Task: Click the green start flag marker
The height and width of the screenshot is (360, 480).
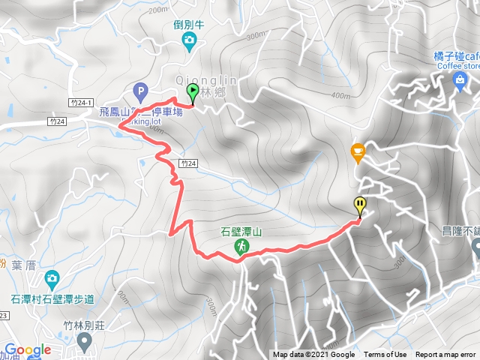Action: pyautogui.click(x=192, y=93)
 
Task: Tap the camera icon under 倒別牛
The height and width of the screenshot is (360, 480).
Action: pyautogui.click(x=190, y=40)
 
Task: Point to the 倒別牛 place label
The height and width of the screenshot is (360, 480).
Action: pyautogui.click(x=190, y=25)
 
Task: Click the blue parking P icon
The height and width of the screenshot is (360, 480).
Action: pyautogui.click(x=139, y=92)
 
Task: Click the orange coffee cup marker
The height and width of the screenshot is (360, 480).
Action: pyautogui.click(x=357, y=152)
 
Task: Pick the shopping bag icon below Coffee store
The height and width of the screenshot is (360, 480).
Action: pyautogui.click(x=460, y=80)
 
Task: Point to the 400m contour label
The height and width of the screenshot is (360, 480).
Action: pyautogui.click(x=339, y=96)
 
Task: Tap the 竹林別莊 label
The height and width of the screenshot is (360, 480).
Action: pyautogui.click(x=84, y=325)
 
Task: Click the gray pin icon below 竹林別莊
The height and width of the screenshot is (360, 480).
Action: pyautogui.click(x=84, y=342)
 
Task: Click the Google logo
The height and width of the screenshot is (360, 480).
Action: pyautogui.click(x=27, y=349)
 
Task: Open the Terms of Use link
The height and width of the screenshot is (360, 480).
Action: pyautogui.click(x=385, y=355)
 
